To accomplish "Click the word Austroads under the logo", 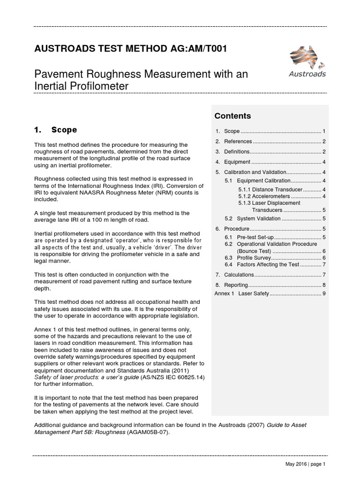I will (307, 74).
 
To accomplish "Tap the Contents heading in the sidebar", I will (232, 116).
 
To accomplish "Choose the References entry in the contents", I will (238, 141).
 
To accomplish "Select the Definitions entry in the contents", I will (238, 151).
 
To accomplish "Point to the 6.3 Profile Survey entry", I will (254, 258).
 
